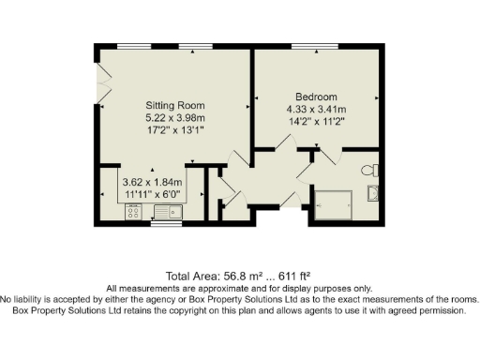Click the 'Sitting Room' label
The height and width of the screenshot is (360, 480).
[x=173, y=105]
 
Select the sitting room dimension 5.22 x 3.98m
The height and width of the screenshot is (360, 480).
[x=173, y=118]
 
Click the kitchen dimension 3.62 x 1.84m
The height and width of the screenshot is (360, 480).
[x=151, y=182]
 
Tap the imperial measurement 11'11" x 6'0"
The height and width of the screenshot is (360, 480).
[x=151, y=194]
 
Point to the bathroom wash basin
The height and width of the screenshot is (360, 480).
[x=374, y=193]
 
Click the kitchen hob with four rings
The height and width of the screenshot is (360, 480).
[x=133, y=214]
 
